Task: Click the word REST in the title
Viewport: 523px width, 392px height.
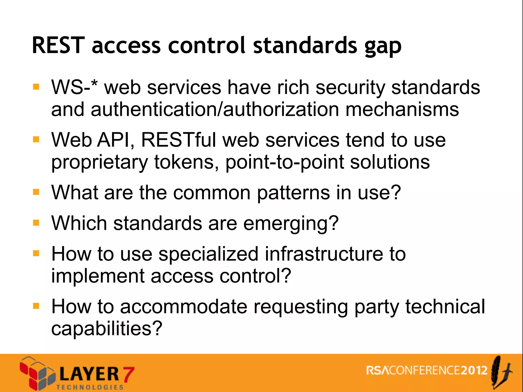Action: [x=58, y=45]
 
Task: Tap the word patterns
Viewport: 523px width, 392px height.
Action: [x=293, y=193]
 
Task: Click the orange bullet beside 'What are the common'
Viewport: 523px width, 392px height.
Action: [x=36, y=192]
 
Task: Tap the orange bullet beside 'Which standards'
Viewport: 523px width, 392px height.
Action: [x=36, y=223]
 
